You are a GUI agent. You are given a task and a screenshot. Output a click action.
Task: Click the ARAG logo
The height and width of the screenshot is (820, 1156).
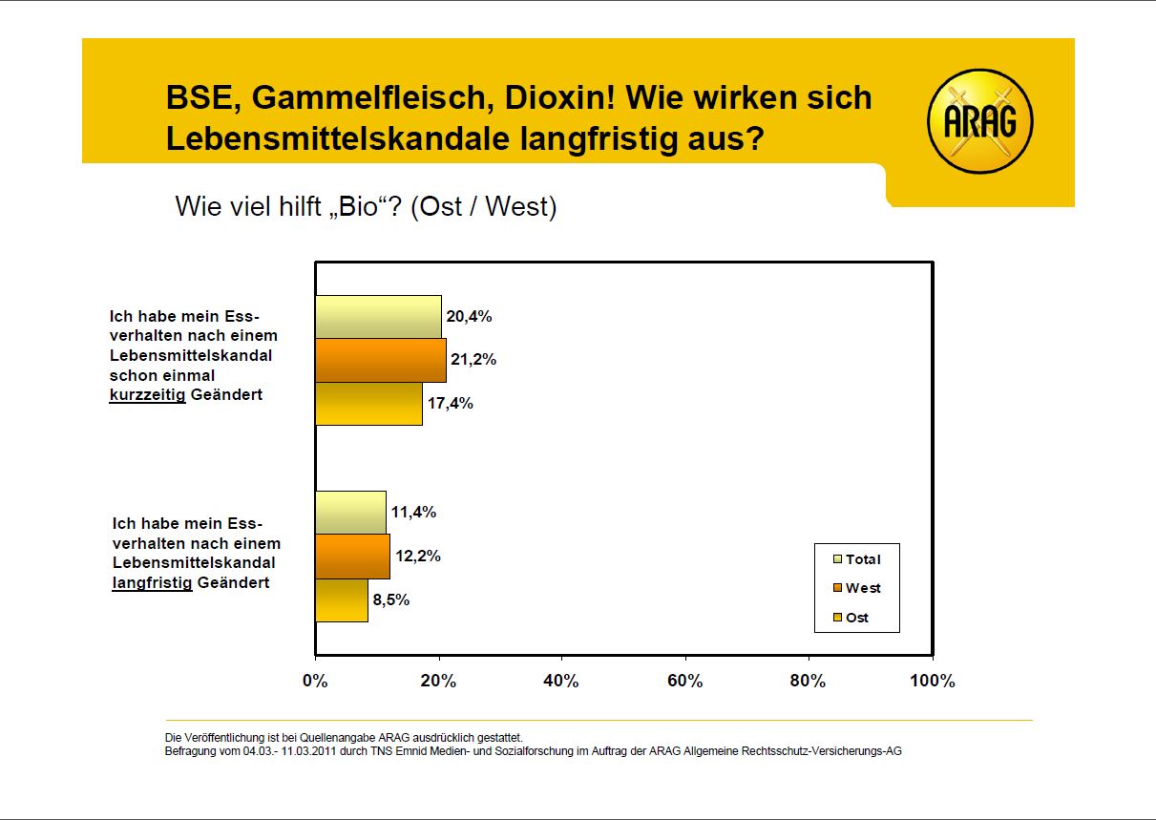[980, 121]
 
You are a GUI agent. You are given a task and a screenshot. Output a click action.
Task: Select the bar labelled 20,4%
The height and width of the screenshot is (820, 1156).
[378, 317]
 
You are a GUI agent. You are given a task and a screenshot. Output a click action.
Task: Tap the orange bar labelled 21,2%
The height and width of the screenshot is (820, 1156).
[381, 361]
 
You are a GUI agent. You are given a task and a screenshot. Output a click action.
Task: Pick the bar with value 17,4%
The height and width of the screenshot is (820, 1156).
[368, 404]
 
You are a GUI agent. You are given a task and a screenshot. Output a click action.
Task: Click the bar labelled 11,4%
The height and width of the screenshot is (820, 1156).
[350, 513]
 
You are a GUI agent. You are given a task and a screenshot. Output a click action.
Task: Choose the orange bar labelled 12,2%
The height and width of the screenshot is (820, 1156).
[352, 557]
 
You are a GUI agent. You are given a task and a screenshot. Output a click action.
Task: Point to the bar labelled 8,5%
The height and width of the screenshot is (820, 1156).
[342, 599]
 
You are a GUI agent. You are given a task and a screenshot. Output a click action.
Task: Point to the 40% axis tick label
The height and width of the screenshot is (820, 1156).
[561, 682]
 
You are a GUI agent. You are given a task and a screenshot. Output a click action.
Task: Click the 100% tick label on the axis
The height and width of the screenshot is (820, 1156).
[932, 682]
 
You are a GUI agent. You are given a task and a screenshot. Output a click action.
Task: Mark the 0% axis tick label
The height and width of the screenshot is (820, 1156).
[315, 682]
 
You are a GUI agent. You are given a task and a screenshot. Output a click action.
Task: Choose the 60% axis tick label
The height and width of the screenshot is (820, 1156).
[685, 682]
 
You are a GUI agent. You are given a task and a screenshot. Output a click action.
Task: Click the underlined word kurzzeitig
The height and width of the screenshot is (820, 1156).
[148, 394]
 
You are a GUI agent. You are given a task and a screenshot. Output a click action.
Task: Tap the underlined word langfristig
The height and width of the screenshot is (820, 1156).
[152, 581]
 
